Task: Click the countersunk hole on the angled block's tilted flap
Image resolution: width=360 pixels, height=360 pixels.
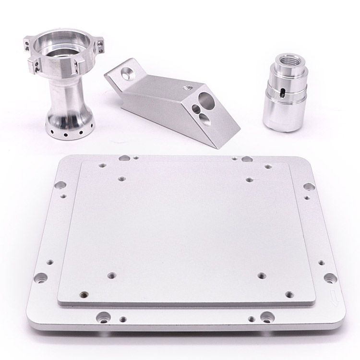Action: tap(128, 72)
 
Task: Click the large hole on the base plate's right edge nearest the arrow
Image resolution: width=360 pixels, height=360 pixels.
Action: tap(330, 277)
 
